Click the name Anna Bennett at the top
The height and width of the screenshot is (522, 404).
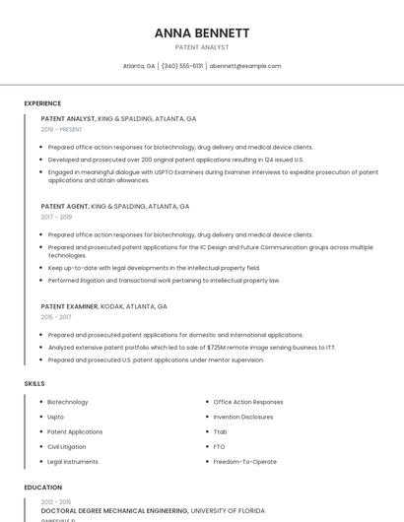click(201, 33)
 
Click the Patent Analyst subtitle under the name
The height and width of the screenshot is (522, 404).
click(201, 47)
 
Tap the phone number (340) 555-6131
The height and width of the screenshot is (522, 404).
click(182, 66)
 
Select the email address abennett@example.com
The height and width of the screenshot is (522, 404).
click(245, 66)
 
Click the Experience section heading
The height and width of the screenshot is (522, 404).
click(42, 103)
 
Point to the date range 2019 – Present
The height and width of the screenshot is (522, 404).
click(62, 129)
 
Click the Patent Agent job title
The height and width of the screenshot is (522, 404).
click(64, 207)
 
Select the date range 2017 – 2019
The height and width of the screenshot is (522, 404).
click(56, 217)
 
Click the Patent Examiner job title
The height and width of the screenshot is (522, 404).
click(70, 306)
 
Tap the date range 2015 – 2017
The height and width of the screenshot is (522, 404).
click(56, 317)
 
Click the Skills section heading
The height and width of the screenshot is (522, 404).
click(34, 383)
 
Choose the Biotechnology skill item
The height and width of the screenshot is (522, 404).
click(68, 402)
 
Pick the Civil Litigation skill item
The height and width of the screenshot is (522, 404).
click(67, 446)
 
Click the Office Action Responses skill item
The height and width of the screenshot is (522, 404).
click(248, 402)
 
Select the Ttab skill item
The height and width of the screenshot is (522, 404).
click(221, 431)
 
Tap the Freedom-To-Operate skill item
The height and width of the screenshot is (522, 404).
click(245, 461)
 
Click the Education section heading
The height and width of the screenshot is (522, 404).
click(42, 488)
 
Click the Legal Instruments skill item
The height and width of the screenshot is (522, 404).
click(73, 461)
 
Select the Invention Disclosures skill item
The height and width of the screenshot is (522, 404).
click(243, 417)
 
